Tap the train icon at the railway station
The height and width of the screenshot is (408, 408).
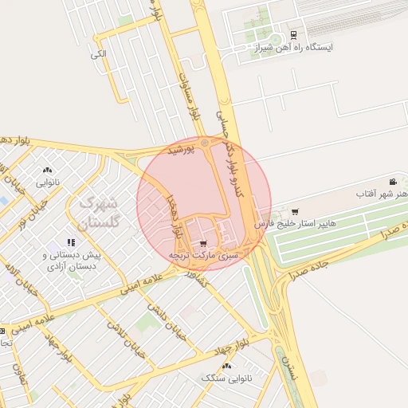(294, 35)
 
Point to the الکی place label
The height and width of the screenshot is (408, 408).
(98, 53)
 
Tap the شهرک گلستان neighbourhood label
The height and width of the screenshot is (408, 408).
(101, 213)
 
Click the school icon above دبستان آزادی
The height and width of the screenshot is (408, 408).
(71, 242)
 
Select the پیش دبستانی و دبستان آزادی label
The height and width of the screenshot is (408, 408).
(70, 261)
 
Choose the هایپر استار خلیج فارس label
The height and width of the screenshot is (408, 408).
(295, 224)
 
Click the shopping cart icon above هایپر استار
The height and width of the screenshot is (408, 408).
(296, 212)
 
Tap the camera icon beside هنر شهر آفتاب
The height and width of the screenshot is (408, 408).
(392, 182)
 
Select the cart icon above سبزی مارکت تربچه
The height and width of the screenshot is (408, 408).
(203, 244)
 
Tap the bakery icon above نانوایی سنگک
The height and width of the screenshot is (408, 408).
(226, 366)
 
